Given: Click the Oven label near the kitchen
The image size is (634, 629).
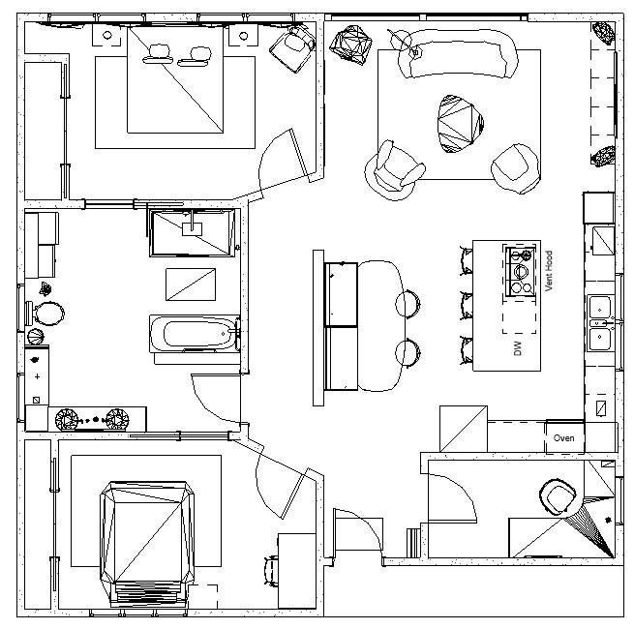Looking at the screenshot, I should coord(563,438).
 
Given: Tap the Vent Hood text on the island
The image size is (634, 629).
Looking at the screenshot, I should coord(548,272).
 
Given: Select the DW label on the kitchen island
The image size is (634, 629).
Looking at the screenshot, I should coord(518,347).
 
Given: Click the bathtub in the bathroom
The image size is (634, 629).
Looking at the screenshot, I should coord(197,335).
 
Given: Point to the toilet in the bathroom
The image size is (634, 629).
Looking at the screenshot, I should coord(48,314).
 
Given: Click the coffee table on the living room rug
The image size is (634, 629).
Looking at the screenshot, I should coord(459,123).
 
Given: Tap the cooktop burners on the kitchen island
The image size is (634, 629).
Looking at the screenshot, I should coord(520,270).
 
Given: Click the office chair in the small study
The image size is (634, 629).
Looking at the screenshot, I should coord(558,497).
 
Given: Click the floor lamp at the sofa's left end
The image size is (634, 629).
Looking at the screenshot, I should coord(404,40).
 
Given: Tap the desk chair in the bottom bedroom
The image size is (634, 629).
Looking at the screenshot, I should coord(271,570).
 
